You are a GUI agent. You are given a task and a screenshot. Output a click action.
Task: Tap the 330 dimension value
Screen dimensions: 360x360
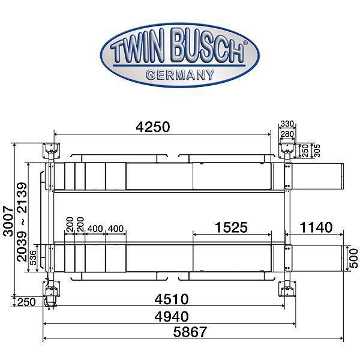(287, 124)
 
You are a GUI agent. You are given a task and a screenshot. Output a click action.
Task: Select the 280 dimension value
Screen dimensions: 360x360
(287, 134)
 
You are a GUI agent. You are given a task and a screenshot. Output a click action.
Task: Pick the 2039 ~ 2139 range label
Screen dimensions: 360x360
(22, 221)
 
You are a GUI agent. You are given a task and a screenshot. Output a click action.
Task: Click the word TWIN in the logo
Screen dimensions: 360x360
(142, 53)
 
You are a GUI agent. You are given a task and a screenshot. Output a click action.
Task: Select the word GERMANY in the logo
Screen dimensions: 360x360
(180, 74)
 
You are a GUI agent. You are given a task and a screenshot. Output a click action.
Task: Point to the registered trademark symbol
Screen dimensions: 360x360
(244, 44)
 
